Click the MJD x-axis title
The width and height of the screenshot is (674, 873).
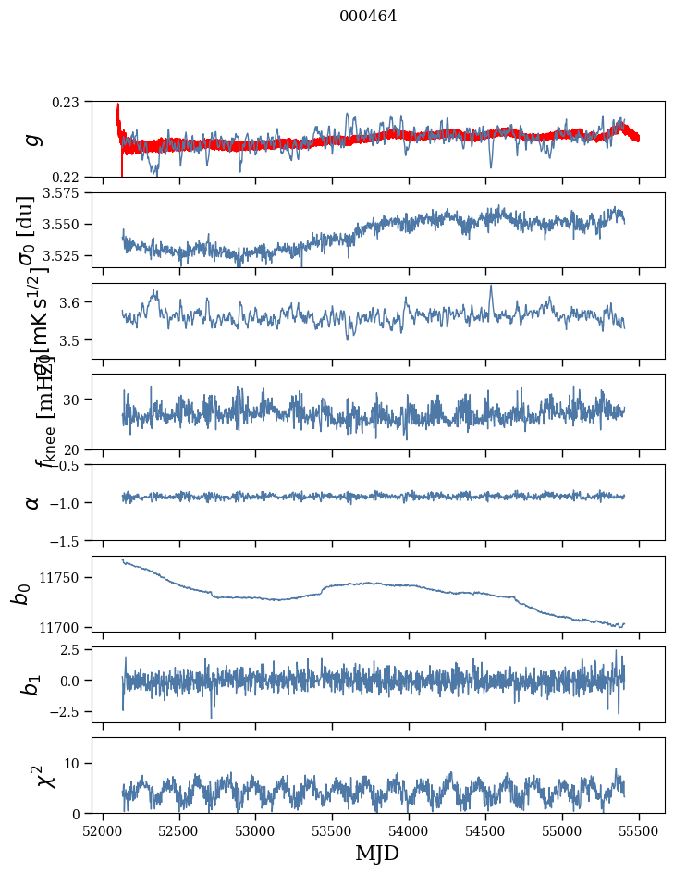click(x=377, y=854)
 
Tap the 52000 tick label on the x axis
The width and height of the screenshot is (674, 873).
click(x=103, y=830)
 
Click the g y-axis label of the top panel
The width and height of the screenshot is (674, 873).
click(x=33, y=139)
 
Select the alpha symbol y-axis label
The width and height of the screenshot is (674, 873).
click(x=33, y=502)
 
